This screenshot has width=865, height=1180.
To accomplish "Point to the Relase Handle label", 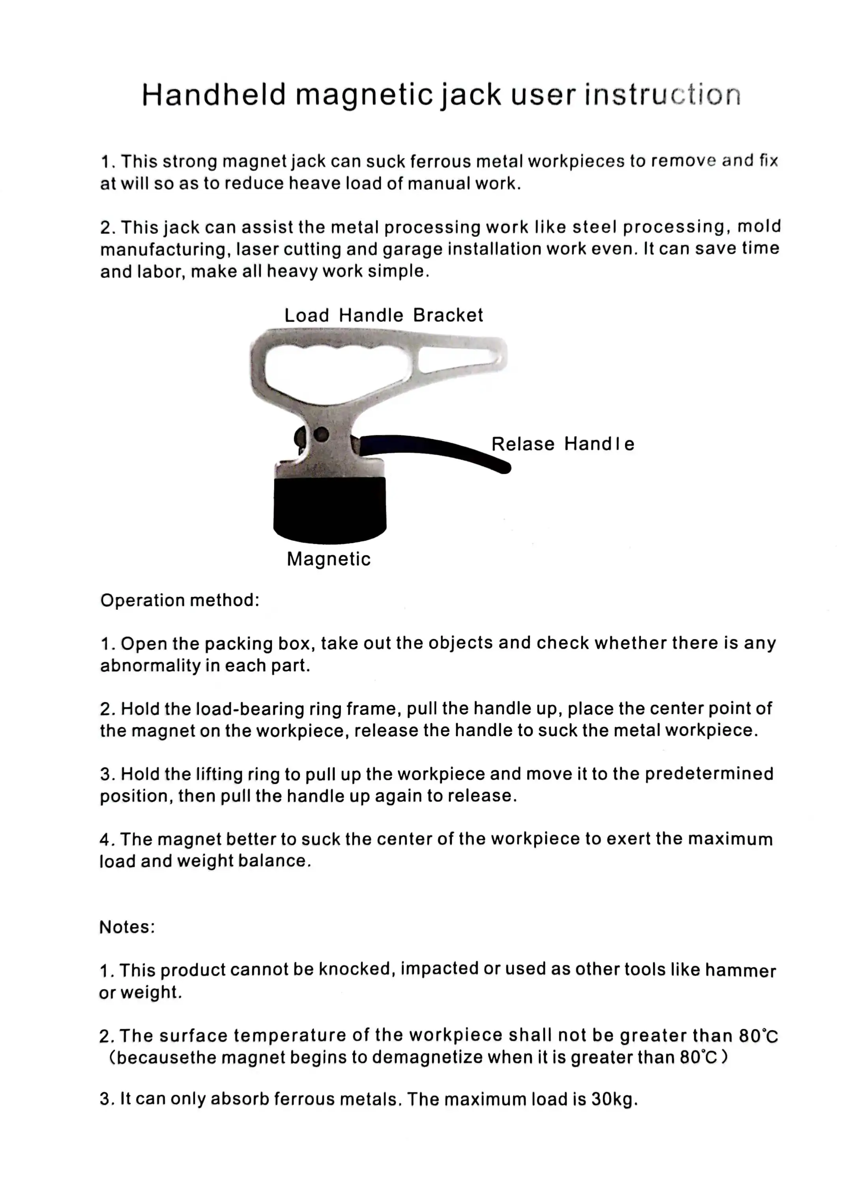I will (x=562, y=444).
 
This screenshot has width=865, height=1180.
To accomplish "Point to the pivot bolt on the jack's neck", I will (x=321, y=434).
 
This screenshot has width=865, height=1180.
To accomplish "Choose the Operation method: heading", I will (x=180, y=600).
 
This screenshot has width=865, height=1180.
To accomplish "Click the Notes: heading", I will (x=127, y=927).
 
